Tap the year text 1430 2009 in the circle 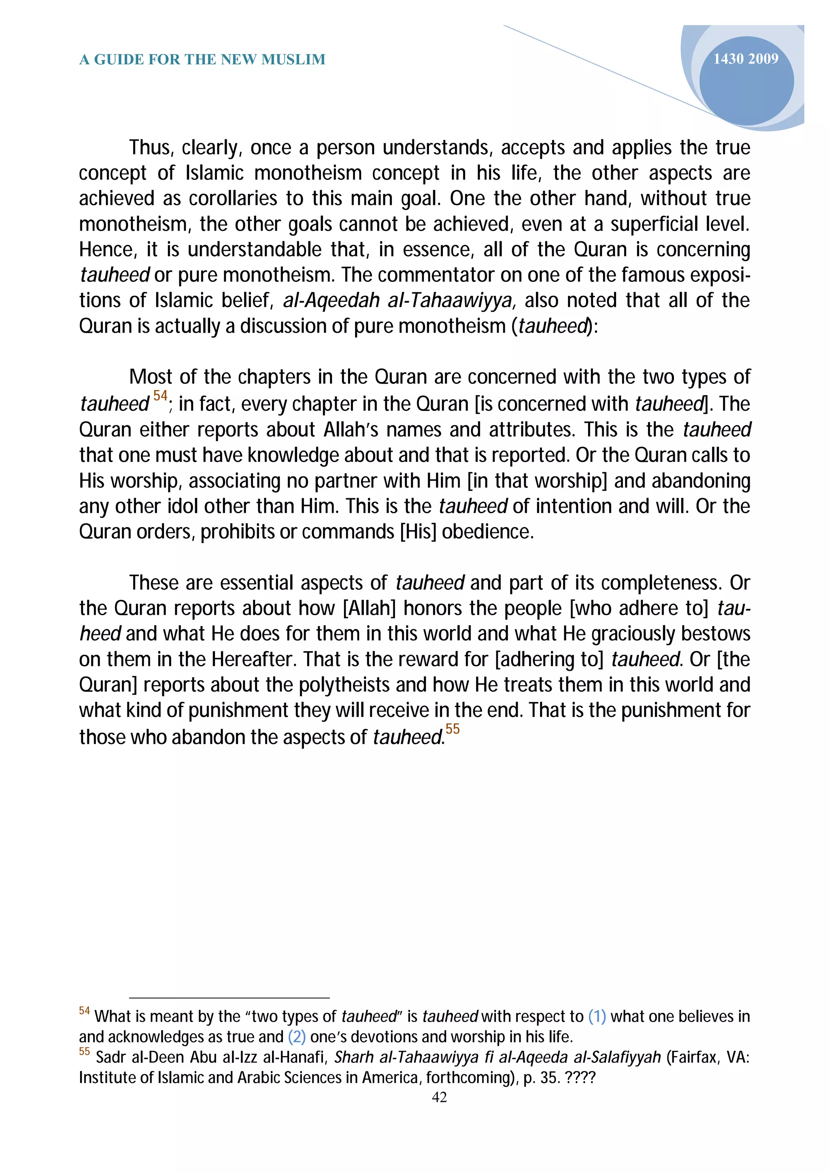745,59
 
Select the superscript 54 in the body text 160,395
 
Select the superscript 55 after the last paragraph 452,729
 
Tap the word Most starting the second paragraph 151,377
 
